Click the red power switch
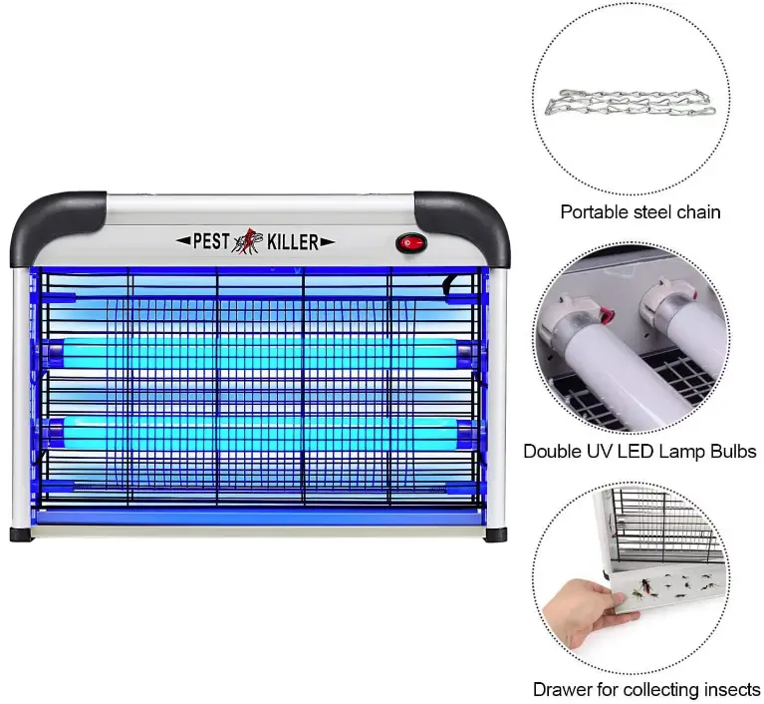coord(409,242)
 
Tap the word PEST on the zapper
coord(211,240)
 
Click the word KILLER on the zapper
coord(295,240)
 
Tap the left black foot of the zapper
coord(22,534)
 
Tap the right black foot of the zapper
coord(494,533)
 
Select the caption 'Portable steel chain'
coord(640,211)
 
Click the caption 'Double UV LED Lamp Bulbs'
coord(640,451)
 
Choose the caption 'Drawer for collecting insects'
coord(646,689)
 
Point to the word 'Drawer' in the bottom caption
coord(562,689)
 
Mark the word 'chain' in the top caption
coord(696,211)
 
